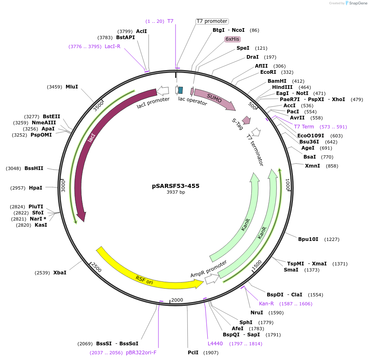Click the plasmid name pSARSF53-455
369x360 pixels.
coord(176,186)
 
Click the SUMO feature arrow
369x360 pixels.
coord(215,98)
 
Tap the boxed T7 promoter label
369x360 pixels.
coord(212,21)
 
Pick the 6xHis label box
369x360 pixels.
coord(233,39)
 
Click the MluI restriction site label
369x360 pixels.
coord(72,87)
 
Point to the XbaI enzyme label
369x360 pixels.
coord(59,273)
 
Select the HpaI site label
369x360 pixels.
coord(35,188)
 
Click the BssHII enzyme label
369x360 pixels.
coord(34,168)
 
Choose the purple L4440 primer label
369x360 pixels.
coord(215,344)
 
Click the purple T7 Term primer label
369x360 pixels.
coord(304,127)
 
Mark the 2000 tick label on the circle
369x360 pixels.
coord(177,300)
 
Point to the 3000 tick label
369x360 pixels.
coord(63,186)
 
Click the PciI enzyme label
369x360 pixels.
coord(193,353)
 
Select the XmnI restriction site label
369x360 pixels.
coord(312,166)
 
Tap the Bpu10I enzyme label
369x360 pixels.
coord(308,239)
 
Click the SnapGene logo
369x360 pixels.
coord(355,3)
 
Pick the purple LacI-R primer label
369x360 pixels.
coord(112,46)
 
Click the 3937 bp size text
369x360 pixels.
coord(176,192)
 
